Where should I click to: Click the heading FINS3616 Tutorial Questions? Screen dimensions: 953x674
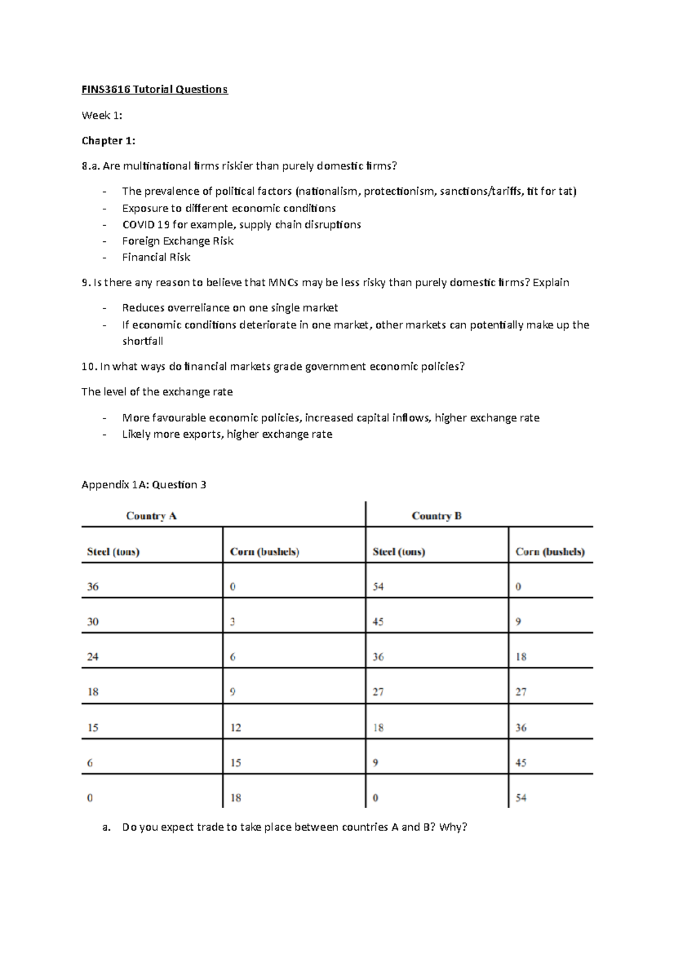(154, 89)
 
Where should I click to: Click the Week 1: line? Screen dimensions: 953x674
(102, 115)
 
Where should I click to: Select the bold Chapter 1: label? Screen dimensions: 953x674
(108, 140)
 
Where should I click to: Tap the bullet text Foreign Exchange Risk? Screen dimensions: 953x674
(177, 241)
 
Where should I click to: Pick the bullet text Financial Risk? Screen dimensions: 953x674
(156, 257)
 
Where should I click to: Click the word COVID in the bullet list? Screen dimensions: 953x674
(138, 224)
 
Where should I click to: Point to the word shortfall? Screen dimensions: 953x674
(143, 341)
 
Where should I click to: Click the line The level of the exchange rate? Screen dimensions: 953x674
(157, 392)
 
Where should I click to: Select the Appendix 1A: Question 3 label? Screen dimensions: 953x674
(144, 484)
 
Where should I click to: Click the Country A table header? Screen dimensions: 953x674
(151, 516)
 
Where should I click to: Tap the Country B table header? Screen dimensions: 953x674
(436, 516)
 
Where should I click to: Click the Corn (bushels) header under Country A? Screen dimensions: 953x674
(265, 552)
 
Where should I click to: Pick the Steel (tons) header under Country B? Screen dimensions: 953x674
(399, 552)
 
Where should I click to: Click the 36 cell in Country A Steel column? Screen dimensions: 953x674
(93, 587)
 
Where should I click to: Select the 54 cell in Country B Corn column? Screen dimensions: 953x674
(521, 798)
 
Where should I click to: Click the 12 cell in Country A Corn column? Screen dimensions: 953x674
(235, 727)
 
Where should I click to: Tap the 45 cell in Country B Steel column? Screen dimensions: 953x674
(378, 622)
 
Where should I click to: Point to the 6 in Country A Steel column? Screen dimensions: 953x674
(90, 763)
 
